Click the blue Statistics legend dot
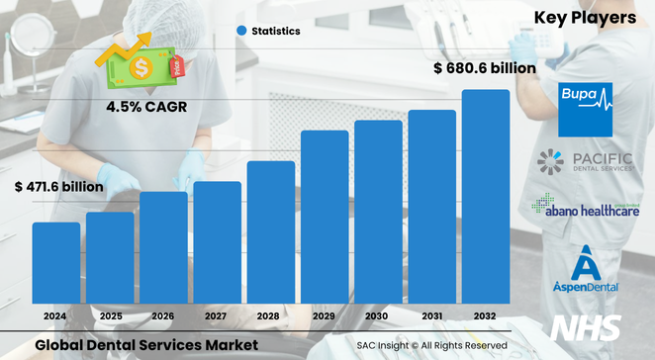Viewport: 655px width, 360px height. pyautogui.click(x=240, y=31)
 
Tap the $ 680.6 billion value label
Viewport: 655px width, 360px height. pyautogui.click(x=485, y=68)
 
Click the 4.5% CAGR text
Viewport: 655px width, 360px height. pyautogui.click(x=140, y=105)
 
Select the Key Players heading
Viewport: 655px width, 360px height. pyautogui.click(x=585, y=18)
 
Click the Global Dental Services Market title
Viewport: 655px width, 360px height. pyautogui.click(x=146, y=344)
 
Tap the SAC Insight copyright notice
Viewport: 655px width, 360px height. pyautogui.click(x=432, y=345)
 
